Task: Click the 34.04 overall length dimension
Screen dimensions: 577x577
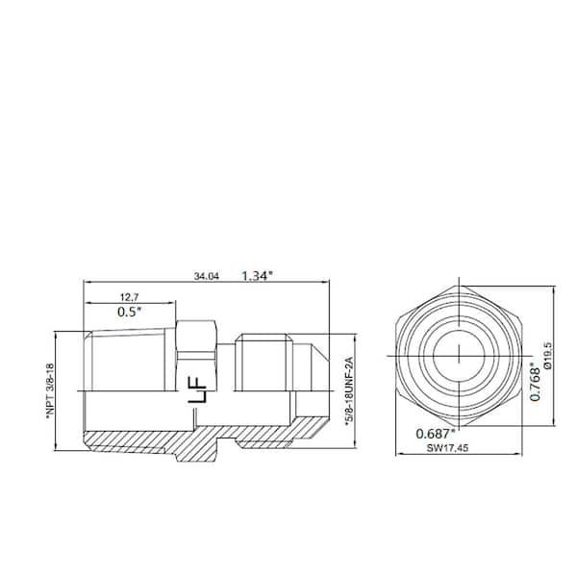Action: (x=206, y=276)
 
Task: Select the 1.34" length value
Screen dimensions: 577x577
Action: (x=257, y=276)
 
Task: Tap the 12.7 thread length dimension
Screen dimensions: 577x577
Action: (x=130, y=296)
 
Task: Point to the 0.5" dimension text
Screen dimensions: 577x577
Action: (x=130, y=312)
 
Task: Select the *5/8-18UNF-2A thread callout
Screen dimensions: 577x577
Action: (x=349, y=391)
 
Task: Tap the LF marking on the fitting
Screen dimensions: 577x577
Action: (x=197, y=390)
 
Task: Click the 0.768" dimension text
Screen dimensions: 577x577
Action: (x=535, y=381)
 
